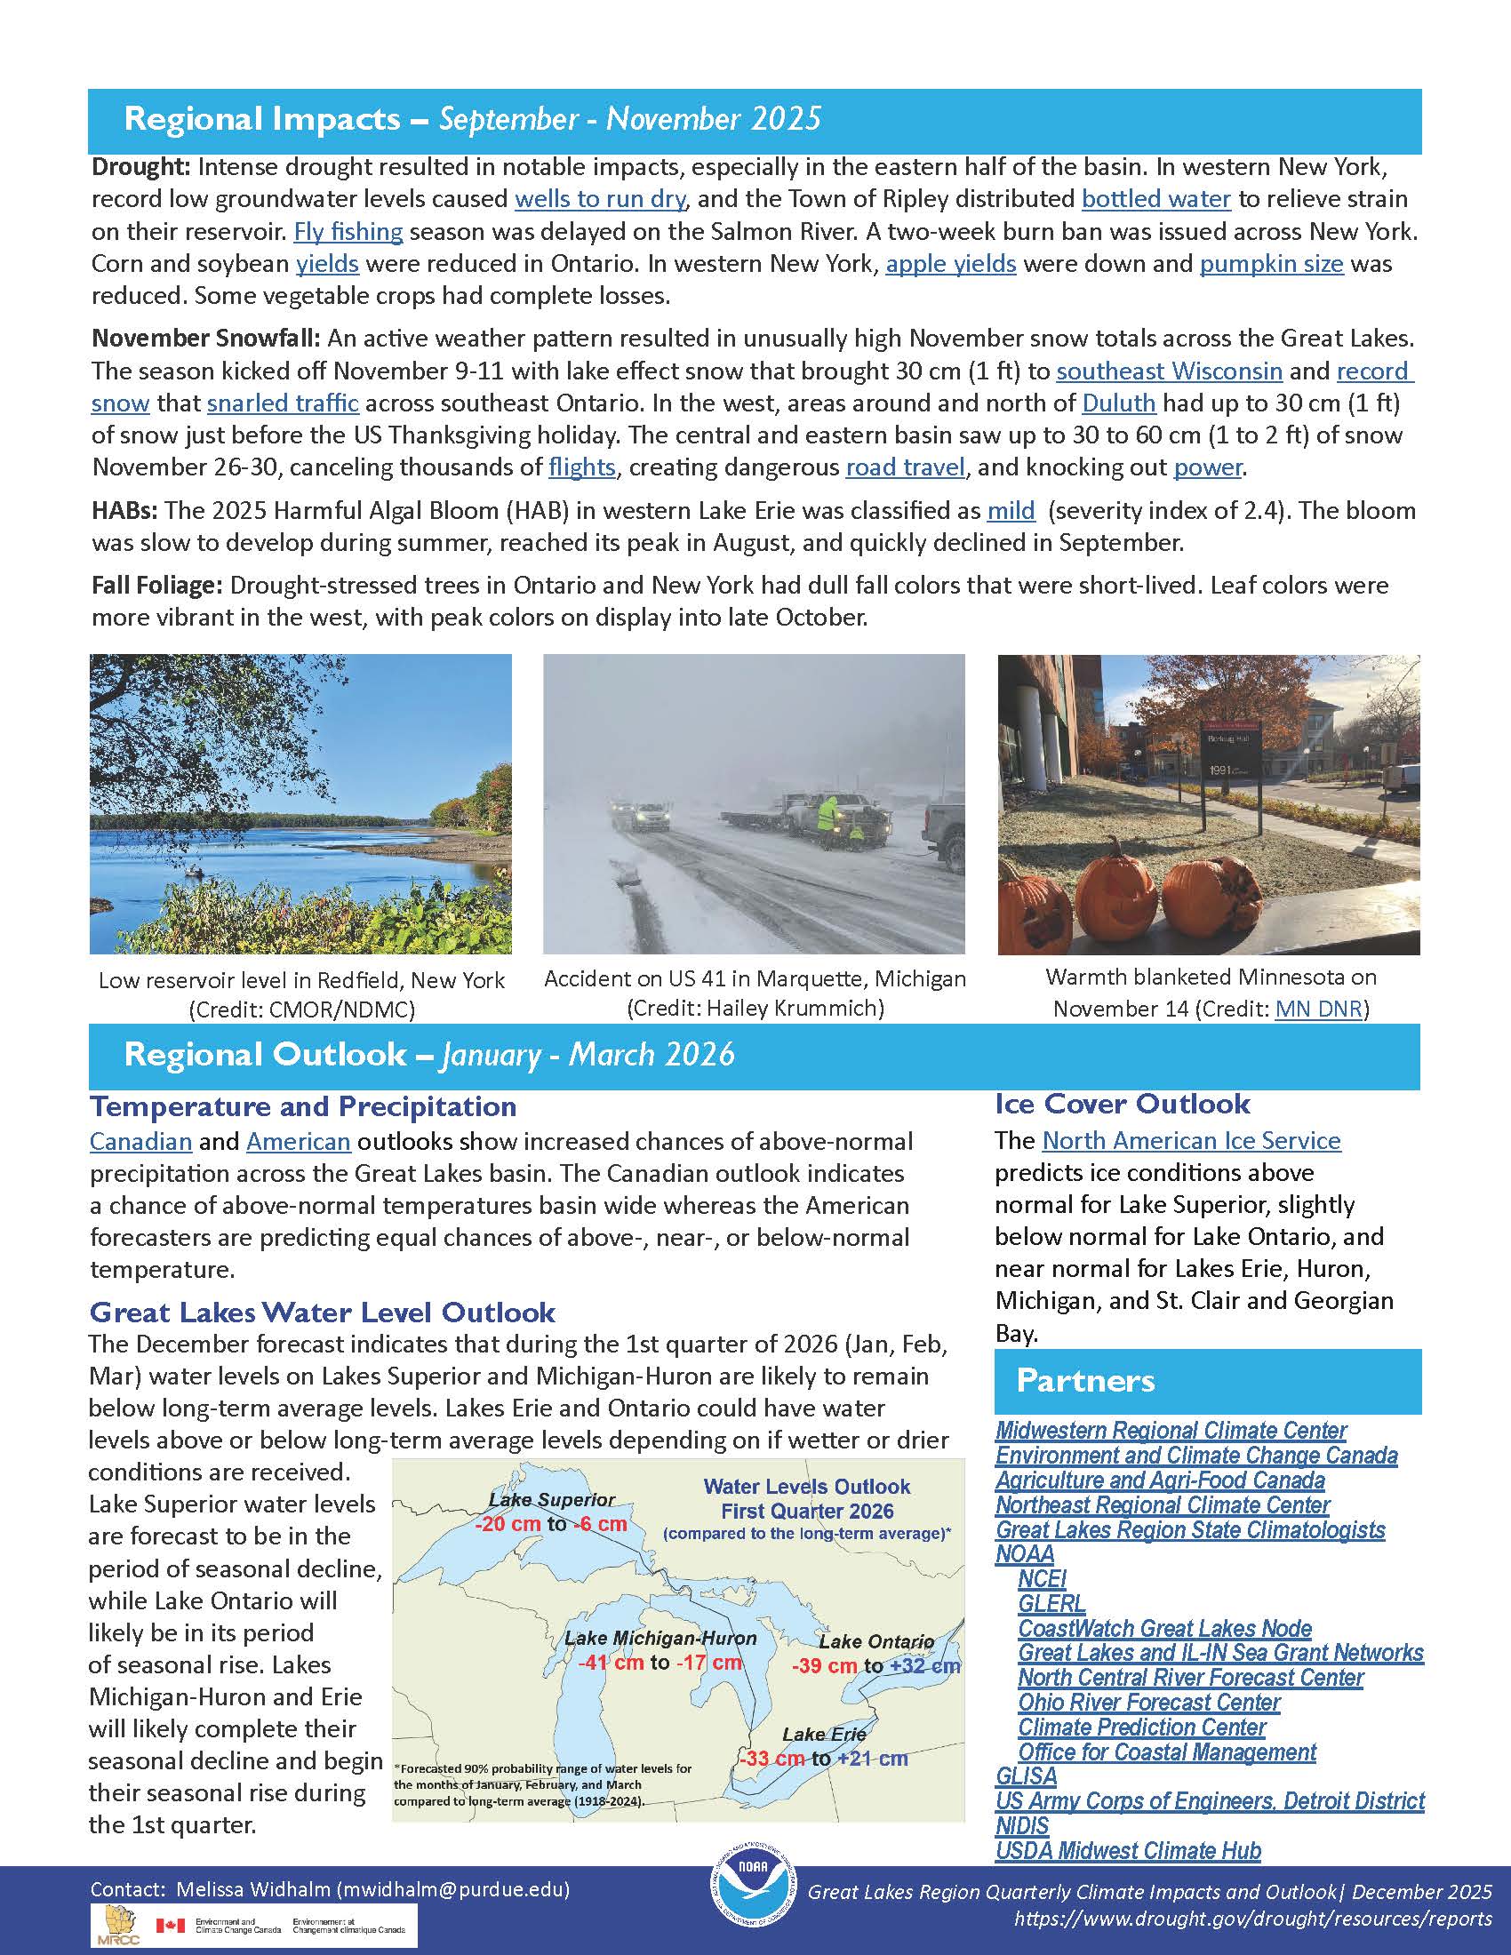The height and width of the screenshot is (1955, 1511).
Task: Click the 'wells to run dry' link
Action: (600, 199)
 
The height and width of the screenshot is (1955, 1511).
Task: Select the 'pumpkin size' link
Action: (1271, 264)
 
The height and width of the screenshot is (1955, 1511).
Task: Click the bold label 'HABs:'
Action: (124, 511)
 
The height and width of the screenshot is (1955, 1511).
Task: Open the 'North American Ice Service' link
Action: (1191, 1140)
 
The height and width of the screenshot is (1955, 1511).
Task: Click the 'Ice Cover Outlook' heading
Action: (1122, 1104)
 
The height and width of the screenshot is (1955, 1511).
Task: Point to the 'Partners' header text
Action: (1085, 1381)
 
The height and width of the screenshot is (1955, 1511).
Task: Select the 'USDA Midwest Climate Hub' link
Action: (1128, 1850)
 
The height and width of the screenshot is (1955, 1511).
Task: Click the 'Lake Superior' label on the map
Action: (551, 1499)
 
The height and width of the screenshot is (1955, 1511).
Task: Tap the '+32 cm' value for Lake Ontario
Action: (924, 1666)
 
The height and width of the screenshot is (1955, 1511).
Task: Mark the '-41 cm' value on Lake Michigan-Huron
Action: (611, 1663)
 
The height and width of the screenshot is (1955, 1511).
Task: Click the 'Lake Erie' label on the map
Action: (824, 1734)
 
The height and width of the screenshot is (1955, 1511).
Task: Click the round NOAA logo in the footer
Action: (752, 1891)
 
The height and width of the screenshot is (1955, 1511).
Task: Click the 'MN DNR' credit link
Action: (1317, 1009)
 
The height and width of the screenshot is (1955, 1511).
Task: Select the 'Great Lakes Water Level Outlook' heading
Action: (323, 1313)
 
